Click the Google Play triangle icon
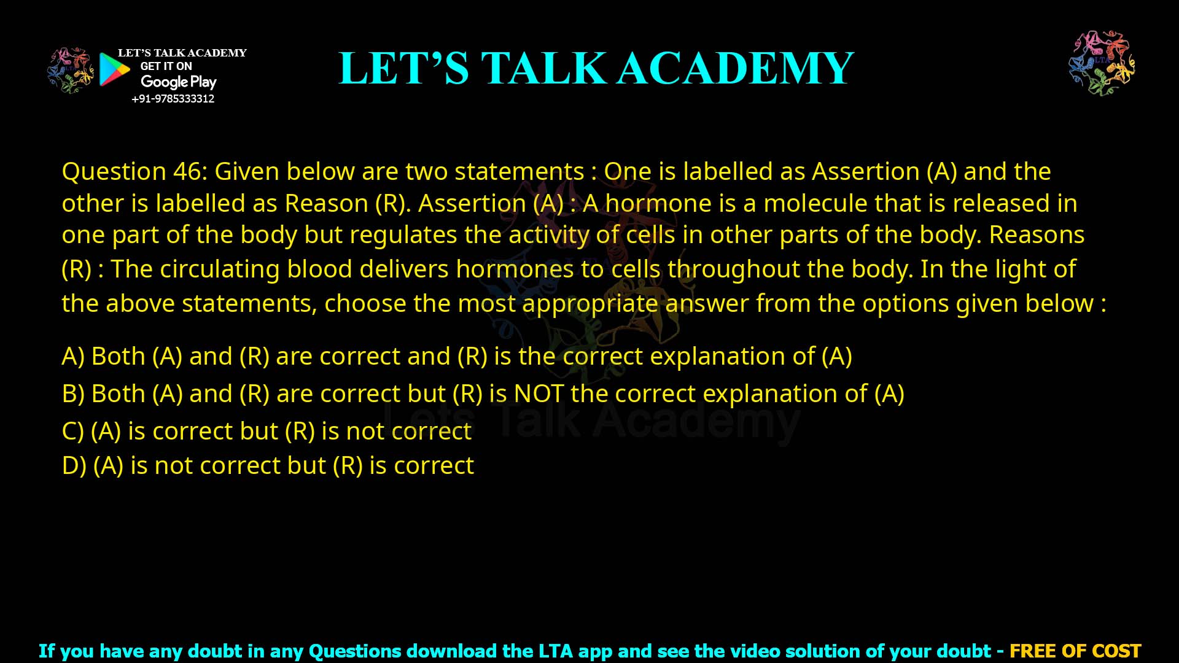114,69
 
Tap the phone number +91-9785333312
173,99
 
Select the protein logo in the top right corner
1102,63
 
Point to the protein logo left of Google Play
71,71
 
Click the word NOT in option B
539,394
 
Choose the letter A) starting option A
73,356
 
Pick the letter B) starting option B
73,394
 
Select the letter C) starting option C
72,431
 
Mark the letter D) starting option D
74,465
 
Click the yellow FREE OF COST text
1075,651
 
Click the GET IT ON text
166,66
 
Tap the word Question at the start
114,171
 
